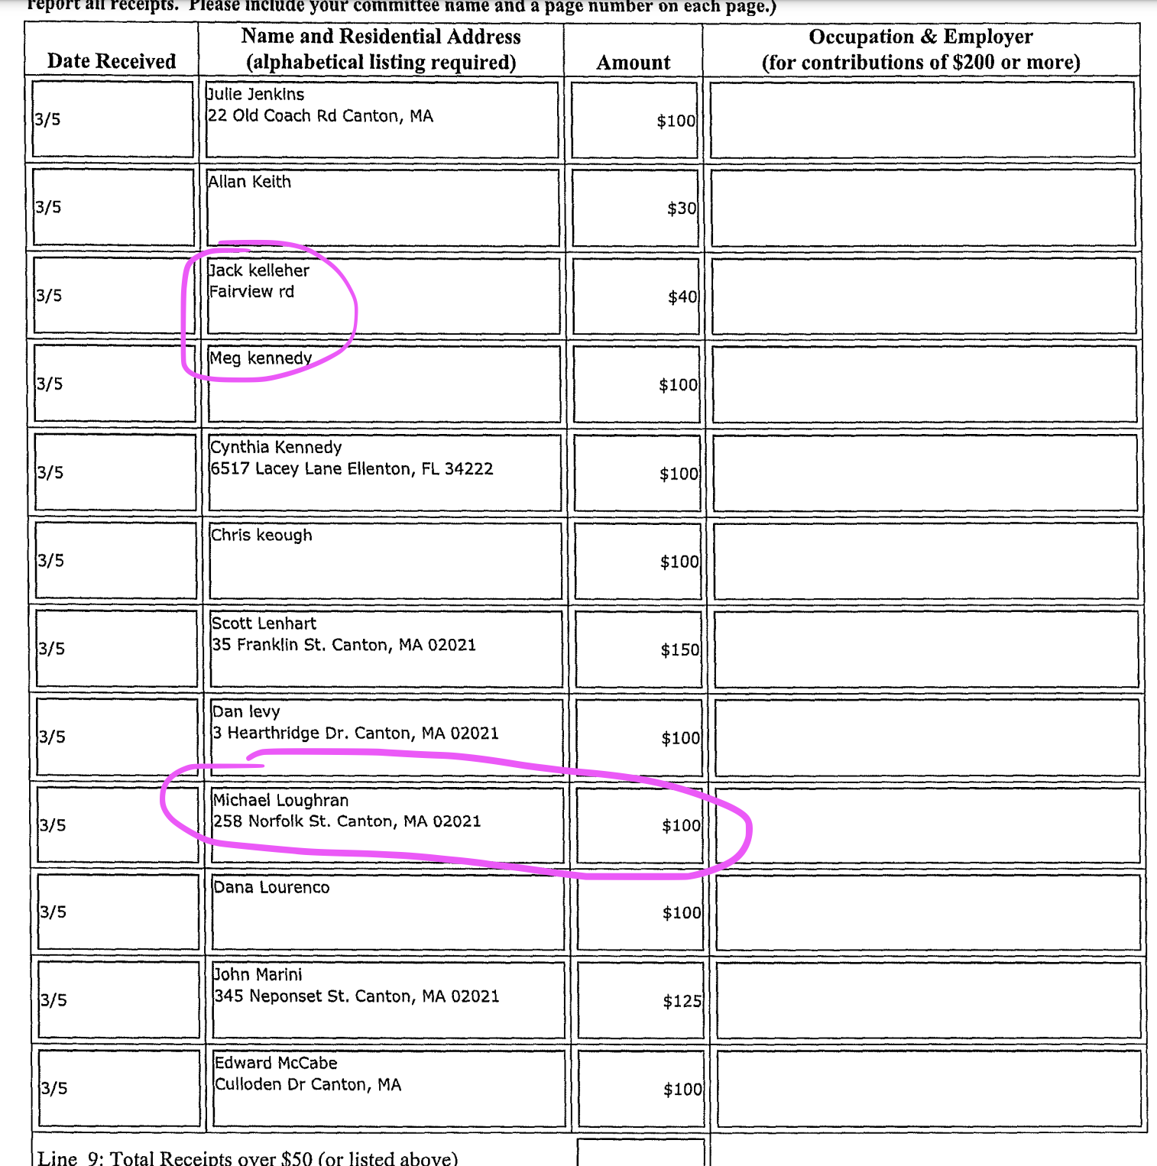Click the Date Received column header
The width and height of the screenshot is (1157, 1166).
pos(112,61)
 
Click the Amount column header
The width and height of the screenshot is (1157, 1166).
pos(633,63)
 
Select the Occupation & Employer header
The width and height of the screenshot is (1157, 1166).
pos(920,49)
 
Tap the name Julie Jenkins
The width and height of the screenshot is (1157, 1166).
pos(256,94)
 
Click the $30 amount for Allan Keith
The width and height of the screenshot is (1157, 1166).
pos(681,208)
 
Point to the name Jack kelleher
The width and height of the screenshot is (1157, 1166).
pos(259,270)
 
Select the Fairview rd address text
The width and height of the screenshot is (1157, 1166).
pos(251,292)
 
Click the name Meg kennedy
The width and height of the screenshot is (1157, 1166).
pos(261,358)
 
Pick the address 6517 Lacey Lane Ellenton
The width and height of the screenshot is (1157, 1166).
pos(352,469)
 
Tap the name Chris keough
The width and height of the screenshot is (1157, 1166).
pos(261,535)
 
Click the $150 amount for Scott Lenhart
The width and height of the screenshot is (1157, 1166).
pos(679,649)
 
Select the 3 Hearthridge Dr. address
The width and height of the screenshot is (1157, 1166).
pos(355,734)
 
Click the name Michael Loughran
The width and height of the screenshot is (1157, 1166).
pos(280,800)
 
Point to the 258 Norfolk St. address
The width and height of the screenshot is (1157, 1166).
pos(347,821)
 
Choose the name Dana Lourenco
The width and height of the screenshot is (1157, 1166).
pos(271,887)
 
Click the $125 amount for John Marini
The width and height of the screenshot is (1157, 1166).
pos(682,1001)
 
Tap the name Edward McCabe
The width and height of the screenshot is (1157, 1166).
pos(276,1063)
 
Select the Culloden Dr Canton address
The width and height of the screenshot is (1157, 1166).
pos(308,1085)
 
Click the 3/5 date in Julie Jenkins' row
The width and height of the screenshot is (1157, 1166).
pos(47,119)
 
